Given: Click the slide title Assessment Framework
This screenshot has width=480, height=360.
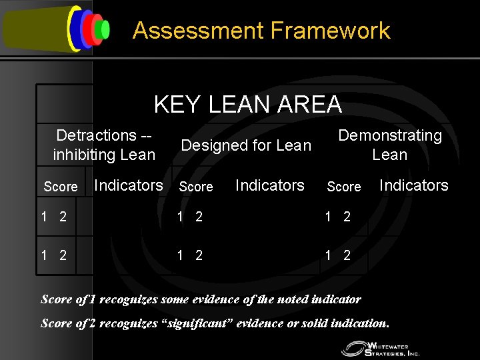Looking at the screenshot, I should pyautogui.click(x=261, y=31).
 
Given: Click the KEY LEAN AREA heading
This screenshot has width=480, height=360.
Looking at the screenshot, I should pyautogui.click(x=247, y=105).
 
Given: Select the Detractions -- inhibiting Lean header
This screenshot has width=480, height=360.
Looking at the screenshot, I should pyautogui.click(x=104, y=145).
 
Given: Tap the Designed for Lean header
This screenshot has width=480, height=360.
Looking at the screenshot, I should pyautogui.click(x=246, y=145).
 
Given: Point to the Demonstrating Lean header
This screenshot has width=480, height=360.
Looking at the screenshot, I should pyautogui.click(x=390, y=145).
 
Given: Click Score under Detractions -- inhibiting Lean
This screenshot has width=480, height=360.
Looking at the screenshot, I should pyautogui.click(x=60, y=187).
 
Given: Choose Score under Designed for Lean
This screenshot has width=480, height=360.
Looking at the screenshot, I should pyautogui.click(x=196, y=187).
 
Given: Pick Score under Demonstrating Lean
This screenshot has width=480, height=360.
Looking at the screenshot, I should pyautogui.click(x=343, y=187).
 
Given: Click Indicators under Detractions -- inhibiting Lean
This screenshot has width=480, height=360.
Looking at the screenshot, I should pyautogui.click(x=129, y=185).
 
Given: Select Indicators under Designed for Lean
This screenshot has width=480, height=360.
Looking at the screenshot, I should pyautogui.click(x=270, y=185).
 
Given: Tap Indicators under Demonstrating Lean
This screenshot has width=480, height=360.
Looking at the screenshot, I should pyautogui.click(x=413, y=185).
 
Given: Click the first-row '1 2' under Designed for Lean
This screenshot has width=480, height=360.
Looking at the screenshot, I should pyautogui.click(x=189, y=217).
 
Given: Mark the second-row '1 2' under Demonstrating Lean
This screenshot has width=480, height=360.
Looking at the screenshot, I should pyautogui.click(x=337, y=254).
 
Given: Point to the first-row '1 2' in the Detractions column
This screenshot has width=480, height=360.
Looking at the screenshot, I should pyautogui.click(x=53, y=217).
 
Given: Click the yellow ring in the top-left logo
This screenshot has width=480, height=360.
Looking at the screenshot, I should pyautogui.click(x=71, y=28).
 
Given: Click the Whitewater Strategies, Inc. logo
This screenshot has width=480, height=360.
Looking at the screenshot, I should pyautogui.click(x=380, y=347).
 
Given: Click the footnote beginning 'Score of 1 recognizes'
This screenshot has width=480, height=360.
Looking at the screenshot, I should pyautogui.click(x=201, y=299).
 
